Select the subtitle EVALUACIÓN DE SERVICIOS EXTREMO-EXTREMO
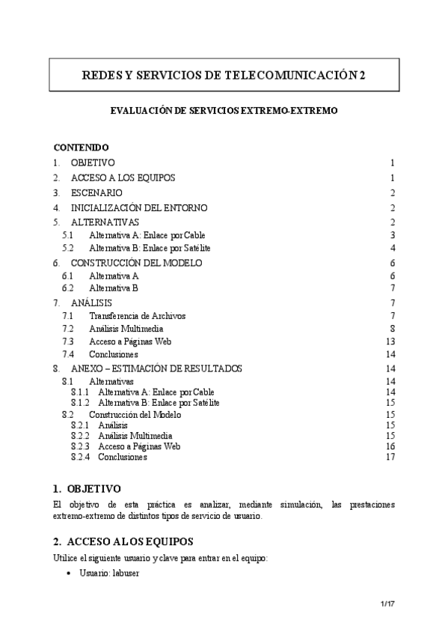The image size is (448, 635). (x=224, y=110)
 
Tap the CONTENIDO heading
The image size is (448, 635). (x=82, y=148)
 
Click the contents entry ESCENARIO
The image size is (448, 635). (x=96, y=192)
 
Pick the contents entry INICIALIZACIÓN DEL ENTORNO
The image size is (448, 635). (x=139, y=207)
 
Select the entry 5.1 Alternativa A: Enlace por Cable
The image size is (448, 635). (x=147, y=235)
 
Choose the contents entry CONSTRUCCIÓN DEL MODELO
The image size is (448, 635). (x=136, y=263)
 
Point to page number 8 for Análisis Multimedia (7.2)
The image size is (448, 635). (x=391, y=329)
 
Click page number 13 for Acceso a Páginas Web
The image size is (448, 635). (x=390, y=341)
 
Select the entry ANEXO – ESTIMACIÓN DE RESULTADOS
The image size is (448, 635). (x=167, y=368)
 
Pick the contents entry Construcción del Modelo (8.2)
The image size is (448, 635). (x=131, y=414)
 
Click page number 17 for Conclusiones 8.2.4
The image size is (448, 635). (x=390, y=457)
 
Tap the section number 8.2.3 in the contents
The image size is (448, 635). (x=81, y=446)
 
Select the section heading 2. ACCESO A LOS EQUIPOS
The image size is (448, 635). (x=123, y=541)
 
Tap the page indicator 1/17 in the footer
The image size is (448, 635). (x=386, y=604)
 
